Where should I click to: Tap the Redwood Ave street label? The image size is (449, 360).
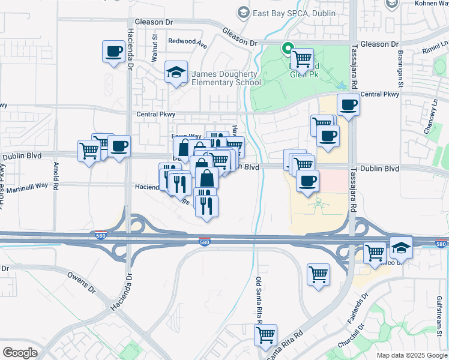click(x=187, y=42)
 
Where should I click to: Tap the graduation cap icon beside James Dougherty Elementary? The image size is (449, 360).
click(x=176, y=73)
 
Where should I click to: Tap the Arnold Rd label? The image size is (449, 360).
click(x=55, y=175)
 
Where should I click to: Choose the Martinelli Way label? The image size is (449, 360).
click(x=24, y=186)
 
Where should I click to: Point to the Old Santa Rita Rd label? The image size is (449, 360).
click(x=259, y=300)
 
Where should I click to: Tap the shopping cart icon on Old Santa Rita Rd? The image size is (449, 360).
click(x=265, y=336)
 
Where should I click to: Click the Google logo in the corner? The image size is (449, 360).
click(x=20, y=352)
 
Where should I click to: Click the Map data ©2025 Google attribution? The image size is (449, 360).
click(x=411, y=355)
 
